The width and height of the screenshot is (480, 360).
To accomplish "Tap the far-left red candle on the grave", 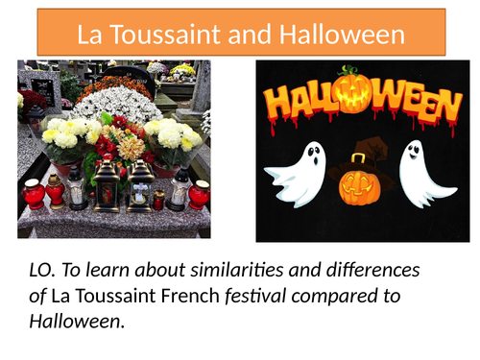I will point(34,192).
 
